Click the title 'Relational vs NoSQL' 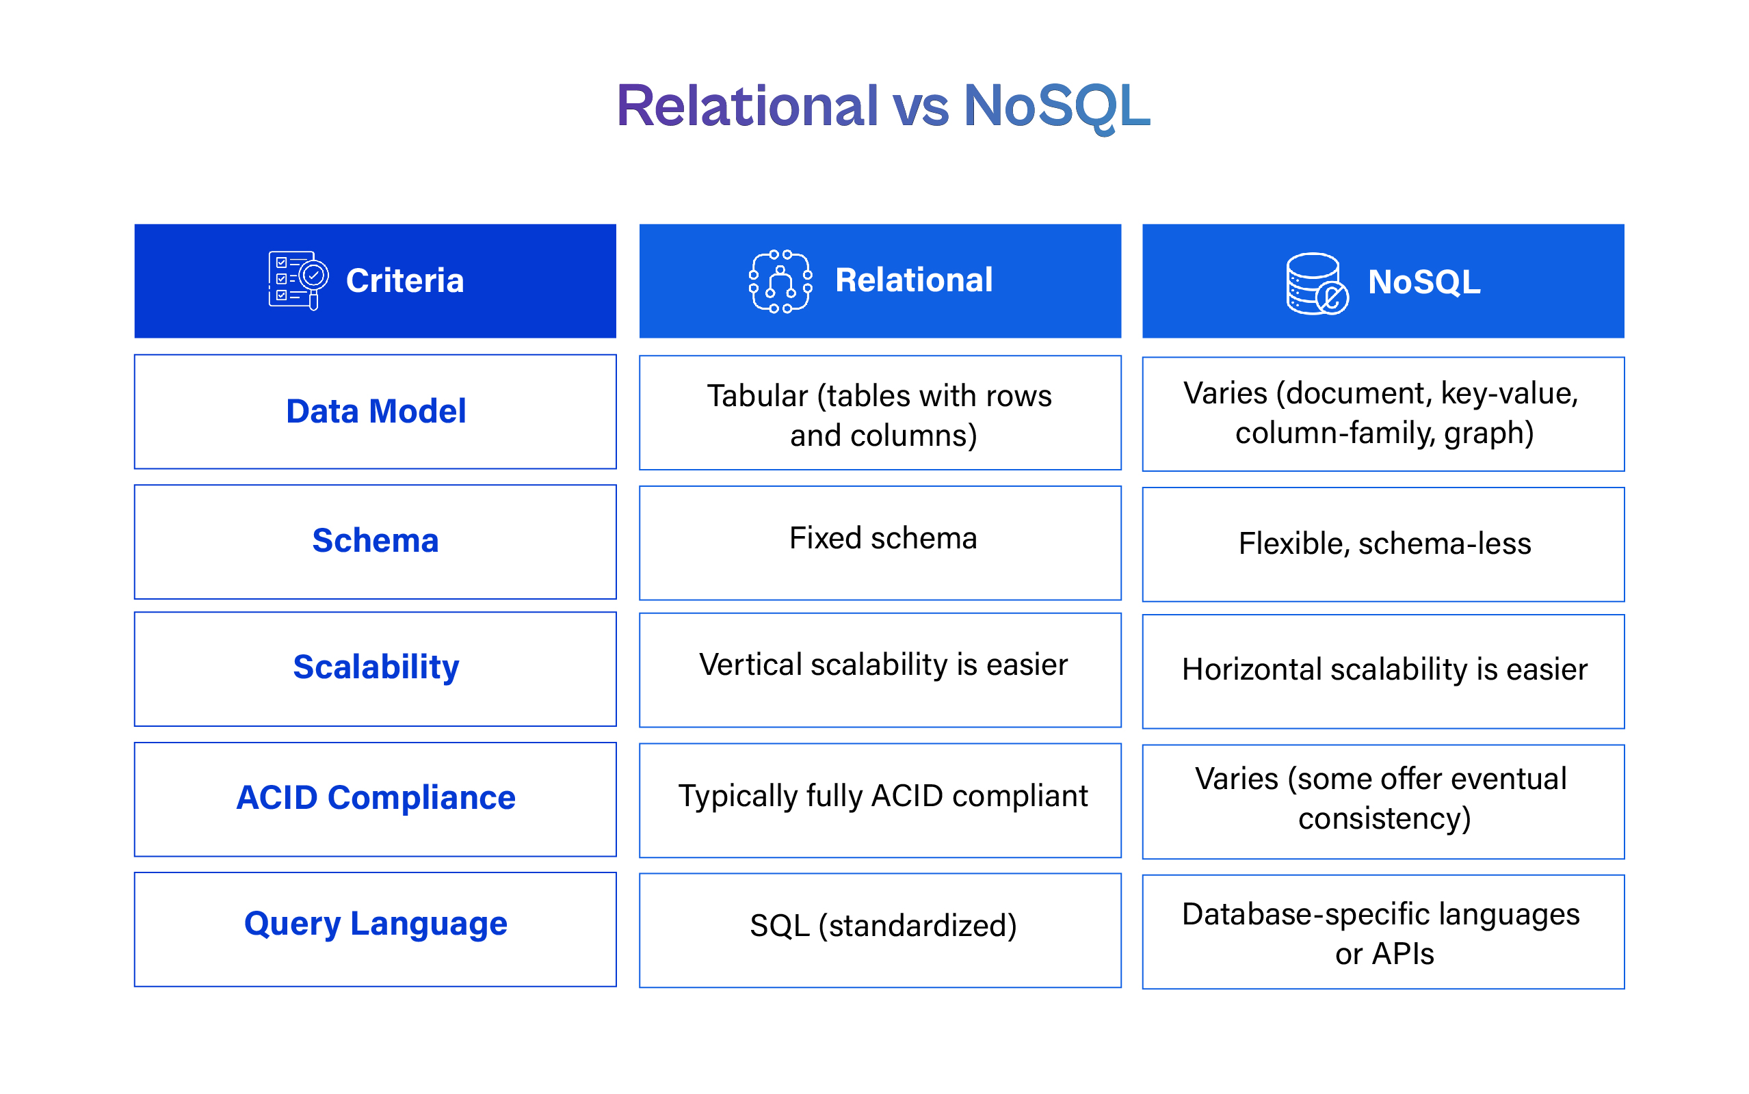pyautogui.click(x=882, y=107)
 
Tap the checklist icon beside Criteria pyautogui.click(x=298, y=280)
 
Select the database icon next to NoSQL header pyautogui.click(x=1315, y=283)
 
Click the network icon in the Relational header pyautogui.click(x=779, y=282)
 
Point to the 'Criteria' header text pyautogui.click(x=404, y=281)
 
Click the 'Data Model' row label pyautogui.click(x=376, y=411)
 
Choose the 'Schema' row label pyautogui.click(x=375, y=540)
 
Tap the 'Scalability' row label pyautogui.click(x=376, y=667)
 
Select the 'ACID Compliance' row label pyautogui.click(x=376, y=797)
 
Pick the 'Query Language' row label pyautogui.click(x=376, y=924)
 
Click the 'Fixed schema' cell pyautogui.click(x=882, y=538)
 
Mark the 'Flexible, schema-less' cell pyautogui.click(x=1384, y=544)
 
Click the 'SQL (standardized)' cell pyautogui.click(x=883, y=926)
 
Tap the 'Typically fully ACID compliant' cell pyautogui.click(x=882, y=796)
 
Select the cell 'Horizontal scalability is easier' pyautogui.click(x=1384, y=669)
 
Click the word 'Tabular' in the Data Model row pyautogui.click(x=757, y=396)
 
